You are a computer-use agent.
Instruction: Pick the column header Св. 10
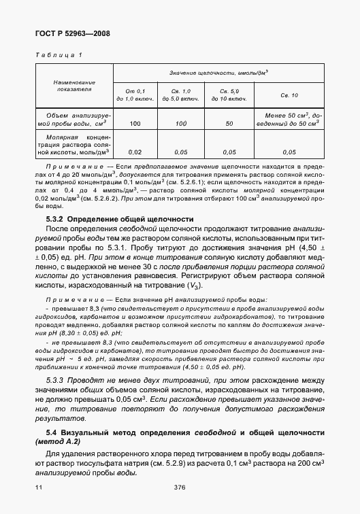point(290,95)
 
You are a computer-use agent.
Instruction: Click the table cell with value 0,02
point(135,152)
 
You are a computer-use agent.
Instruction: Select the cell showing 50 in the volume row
point(229,124)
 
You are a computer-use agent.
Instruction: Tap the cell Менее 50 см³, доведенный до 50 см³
point(290,120)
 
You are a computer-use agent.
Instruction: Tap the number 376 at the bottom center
point(180,487)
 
